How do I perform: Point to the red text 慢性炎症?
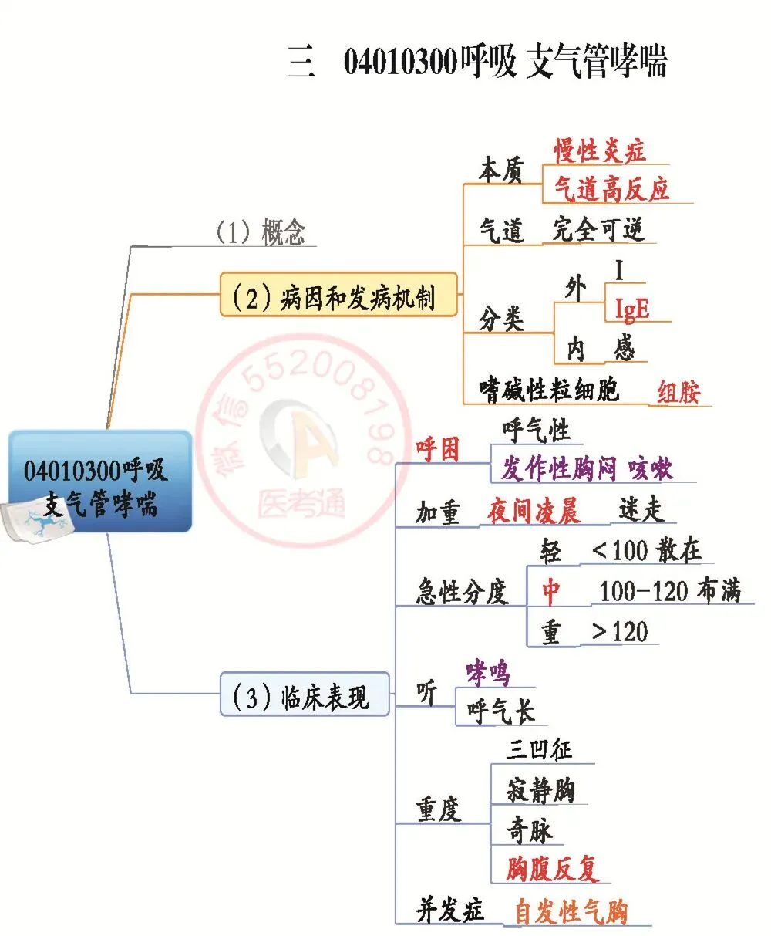[x=599, y=150]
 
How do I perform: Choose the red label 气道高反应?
[x=612, y=188]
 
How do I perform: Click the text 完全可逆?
[x=598, y=229]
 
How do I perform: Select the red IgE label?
[x=631, y=309]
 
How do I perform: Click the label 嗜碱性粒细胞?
[x=549, y=389]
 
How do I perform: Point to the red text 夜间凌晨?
[x=534, y=511]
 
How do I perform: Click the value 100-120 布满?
[x=669, y=591]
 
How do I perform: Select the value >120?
[x=620, y=632]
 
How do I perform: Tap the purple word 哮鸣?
[x=488, y=673]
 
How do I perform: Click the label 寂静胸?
[x=540, y=790]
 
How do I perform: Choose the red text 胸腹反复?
[x=552, y=869]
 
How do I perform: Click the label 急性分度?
[x=462, y=592]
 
